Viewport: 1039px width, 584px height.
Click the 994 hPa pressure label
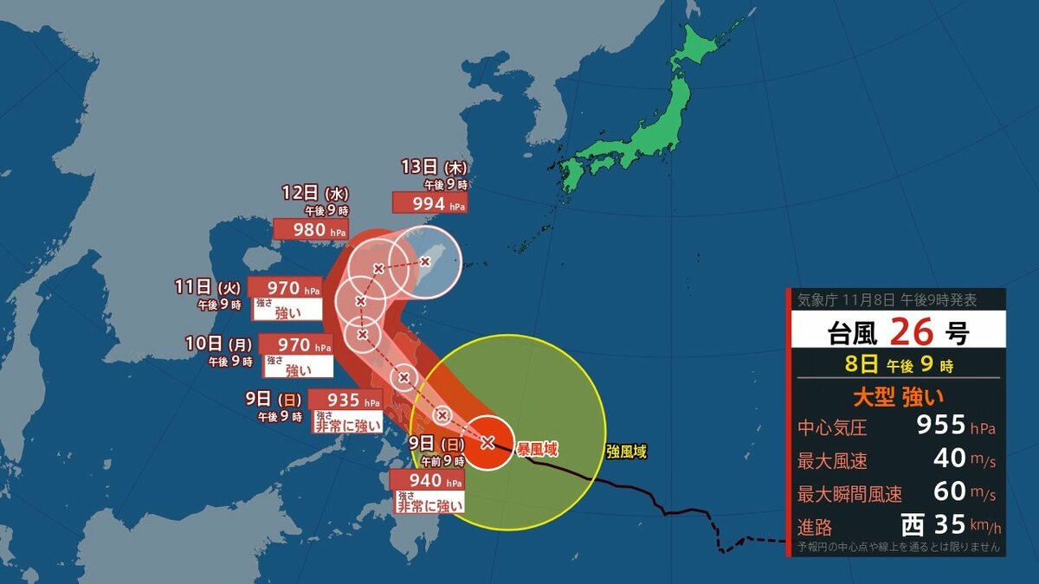point(429,202)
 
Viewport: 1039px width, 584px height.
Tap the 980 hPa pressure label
point(311,229)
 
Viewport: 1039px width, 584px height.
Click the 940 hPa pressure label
point(427,480)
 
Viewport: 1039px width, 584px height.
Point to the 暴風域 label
point(538,449)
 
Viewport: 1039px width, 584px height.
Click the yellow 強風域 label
point(626,451)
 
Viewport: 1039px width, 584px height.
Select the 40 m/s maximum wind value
point(950,459)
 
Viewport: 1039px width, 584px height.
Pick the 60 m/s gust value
point(950,491)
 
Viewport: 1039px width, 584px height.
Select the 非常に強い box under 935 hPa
point(346,424)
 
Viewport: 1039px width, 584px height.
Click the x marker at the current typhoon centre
point(487,442)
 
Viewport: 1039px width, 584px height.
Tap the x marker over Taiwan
point(425,260)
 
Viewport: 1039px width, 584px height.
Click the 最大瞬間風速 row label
point(849,494)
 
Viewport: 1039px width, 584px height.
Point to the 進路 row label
point(816,526)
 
